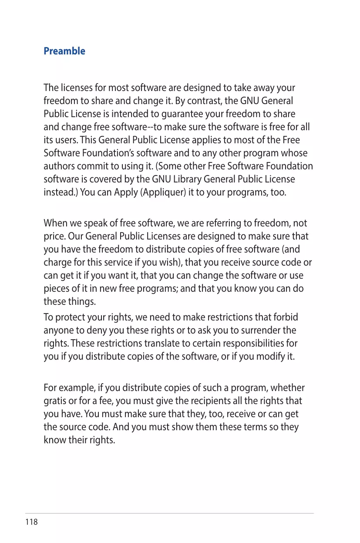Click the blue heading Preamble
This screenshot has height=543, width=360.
(x=64, y=51)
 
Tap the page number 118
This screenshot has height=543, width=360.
(x=32, y=522)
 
